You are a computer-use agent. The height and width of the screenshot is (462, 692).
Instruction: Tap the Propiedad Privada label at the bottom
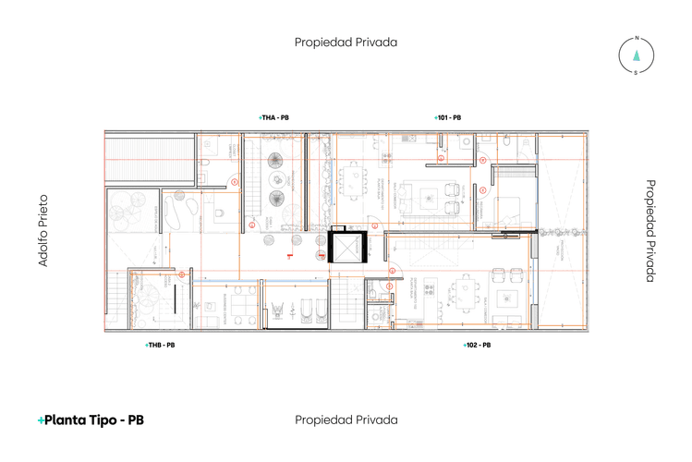click(x=346, y=419)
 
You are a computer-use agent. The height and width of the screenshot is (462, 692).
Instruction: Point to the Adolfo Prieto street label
click(x=42, y=230)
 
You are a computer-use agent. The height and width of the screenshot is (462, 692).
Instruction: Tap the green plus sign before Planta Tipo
click(x=41, y=420)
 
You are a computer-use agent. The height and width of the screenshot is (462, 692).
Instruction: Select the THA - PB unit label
click(x=276, y=118)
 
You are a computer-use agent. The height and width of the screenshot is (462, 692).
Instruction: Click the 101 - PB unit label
click(x=449, y=118)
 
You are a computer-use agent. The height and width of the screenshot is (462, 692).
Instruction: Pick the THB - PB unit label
click(x=161, y=345)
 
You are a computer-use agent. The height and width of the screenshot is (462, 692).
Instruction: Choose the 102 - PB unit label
click(x=477, y=345)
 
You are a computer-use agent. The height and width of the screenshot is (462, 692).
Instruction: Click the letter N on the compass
click(x=636, y=39)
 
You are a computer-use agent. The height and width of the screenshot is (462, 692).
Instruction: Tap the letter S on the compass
click(x=636, y=72)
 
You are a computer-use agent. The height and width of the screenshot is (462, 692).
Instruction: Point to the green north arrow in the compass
click(x=636, y=55)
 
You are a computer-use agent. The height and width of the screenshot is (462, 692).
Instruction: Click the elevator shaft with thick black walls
click(x=348, y=246)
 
